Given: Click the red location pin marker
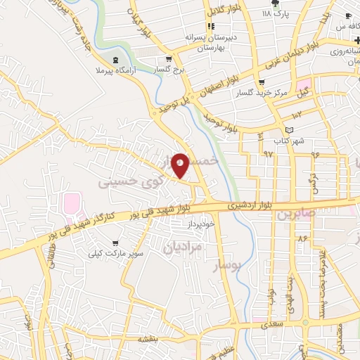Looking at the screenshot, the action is pos(181,166).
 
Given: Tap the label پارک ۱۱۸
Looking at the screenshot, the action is pos(275,13).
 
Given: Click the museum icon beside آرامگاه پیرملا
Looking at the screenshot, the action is pos(116,60).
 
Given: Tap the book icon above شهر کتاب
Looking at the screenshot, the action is pos(289,130).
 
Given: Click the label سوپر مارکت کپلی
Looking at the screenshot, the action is pos(115,252).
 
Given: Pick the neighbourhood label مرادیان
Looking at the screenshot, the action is pos(182,247).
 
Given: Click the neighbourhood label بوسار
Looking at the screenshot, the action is pos(226,266).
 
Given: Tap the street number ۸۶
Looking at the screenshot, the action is pos(303,240).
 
